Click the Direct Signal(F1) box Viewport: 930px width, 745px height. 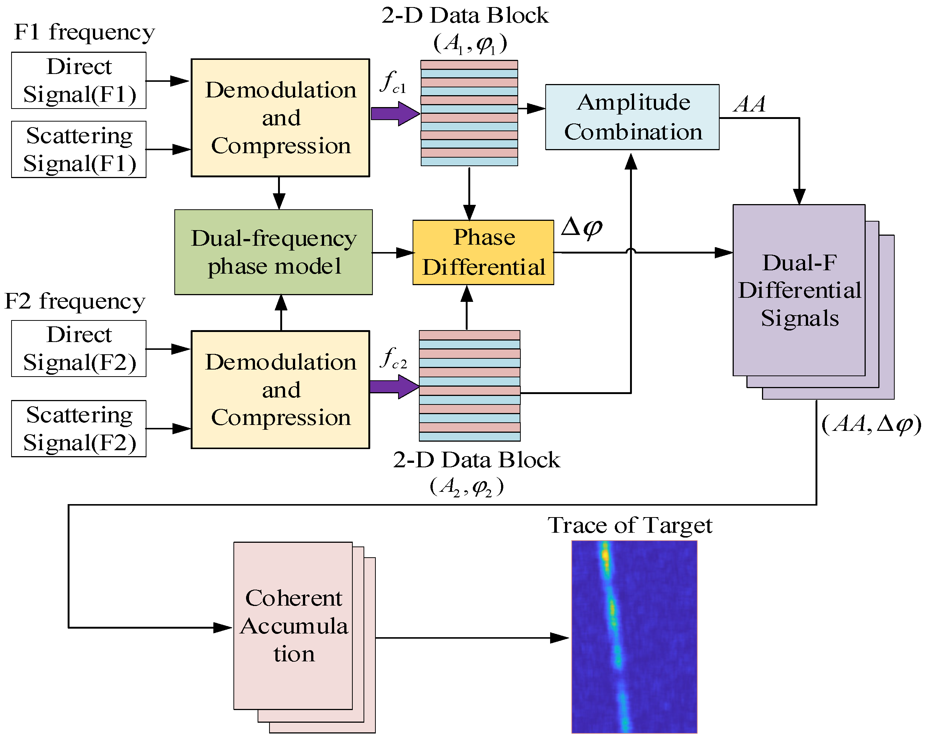[78, 81]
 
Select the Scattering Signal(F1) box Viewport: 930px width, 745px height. [78, 149]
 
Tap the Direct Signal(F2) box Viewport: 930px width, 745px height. [78, 349]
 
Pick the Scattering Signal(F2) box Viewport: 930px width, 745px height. [78, 429]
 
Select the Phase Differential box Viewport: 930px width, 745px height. [483, 252]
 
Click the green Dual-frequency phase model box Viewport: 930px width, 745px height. [274, 252]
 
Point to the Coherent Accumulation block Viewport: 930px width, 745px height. [293, 626]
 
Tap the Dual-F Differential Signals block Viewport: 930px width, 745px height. [799, 290]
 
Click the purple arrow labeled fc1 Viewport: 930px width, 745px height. [395, 113]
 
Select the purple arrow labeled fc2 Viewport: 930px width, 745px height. [394, 387]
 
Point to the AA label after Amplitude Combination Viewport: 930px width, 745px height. [750, 104]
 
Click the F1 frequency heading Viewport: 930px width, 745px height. [84, 32]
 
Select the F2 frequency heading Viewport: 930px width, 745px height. [75, 301]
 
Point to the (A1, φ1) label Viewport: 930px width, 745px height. [470, 43]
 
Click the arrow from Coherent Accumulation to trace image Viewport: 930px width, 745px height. [472, 638]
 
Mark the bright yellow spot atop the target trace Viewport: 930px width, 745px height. [606, 555]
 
